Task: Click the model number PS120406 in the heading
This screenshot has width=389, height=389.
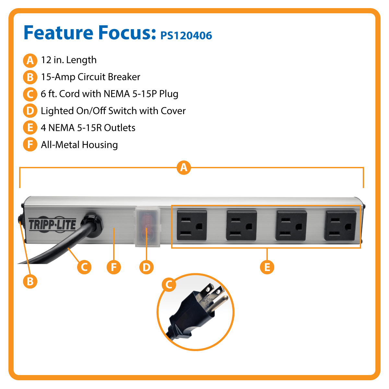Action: coord(186,35)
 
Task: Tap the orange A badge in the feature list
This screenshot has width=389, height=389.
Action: coord(30,60)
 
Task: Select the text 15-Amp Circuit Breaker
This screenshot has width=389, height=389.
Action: coord(90,77)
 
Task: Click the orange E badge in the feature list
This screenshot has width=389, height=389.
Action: coord(30,128)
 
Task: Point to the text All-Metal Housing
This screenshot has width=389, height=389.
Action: coord(79,145)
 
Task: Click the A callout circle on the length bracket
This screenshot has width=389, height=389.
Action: coord(184,168)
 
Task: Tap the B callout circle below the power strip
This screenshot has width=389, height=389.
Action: coord(30,281)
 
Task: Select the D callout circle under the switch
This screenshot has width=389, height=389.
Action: coord(146,267)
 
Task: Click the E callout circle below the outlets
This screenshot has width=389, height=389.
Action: coord(267,267)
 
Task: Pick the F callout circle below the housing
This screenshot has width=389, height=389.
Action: coord(114,267)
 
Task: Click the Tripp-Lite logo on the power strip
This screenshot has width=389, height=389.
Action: coord(52,224)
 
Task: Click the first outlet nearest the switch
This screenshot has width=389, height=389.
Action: coord(192,225)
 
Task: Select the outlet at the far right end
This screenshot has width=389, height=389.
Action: coord(340,225)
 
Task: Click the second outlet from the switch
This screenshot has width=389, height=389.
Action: coord(242,225)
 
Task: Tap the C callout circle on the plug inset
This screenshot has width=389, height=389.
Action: coord(169,285)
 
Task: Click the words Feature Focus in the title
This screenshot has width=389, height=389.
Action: coord(90,33)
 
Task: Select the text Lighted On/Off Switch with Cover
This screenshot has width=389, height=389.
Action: coord(113,111)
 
